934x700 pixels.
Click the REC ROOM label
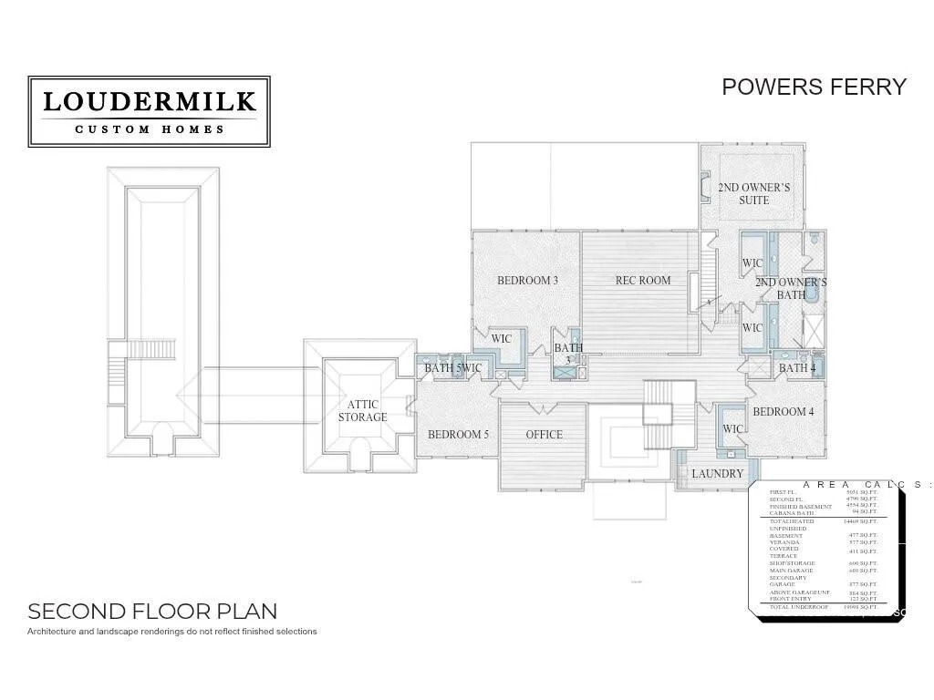(643, 281)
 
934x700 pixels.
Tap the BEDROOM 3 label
(527, 281)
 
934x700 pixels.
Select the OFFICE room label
(545, 435)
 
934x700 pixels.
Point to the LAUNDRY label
(717, 474)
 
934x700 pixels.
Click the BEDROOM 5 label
(458, 435)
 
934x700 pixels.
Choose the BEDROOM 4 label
(784, 412)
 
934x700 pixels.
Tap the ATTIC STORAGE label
(363, 411)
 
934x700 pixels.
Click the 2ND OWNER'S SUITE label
(754, 194)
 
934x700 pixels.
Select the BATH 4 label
(796, 368)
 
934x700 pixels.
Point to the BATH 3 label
(568, 354)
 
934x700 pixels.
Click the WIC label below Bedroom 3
(502, 339)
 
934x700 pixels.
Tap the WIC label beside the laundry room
(732, 429)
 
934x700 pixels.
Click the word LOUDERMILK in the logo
(150, 101)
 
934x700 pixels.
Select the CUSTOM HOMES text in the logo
(150, 129)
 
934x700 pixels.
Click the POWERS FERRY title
(814, 87)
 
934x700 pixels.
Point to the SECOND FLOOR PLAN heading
(152, 611)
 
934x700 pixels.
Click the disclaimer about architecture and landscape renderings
(172, 631)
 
